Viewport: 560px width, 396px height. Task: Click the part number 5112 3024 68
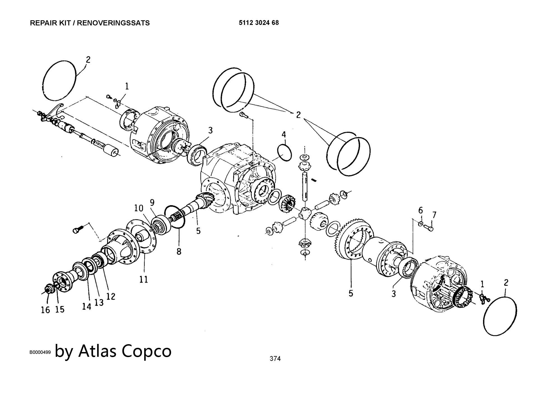click(259, 23)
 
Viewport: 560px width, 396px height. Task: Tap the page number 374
click(275, 358)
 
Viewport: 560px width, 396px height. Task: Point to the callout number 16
click(45, 310)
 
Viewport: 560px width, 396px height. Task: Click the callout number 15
click(60, 309)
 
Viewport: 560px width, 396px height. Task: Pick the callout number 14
click(87, 307)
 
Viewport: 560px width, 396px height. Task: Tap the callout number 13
click(99, 302)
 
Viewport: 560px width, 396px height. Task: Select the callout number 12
click(111, 296)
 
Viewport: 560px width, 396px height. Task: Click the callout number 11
click(144, 279)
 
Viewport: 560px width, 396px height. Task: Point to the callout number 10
click(139, 208)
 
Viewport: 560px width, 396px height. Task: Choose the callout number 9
click(152, 202)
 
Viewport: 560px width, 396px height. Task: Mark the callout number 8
click(179, 251)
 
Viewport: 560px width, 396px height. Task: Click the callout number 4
click(284, 134)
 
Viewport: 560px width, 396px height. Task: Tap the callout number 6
click(421, 210)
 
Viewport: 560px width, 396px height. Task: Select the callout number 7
click(434, 215)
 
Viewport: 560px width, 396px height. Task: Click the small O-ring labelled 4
click(284, 153)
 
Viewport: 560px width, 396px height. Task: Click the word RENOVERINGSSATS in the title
click(113, 23)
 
